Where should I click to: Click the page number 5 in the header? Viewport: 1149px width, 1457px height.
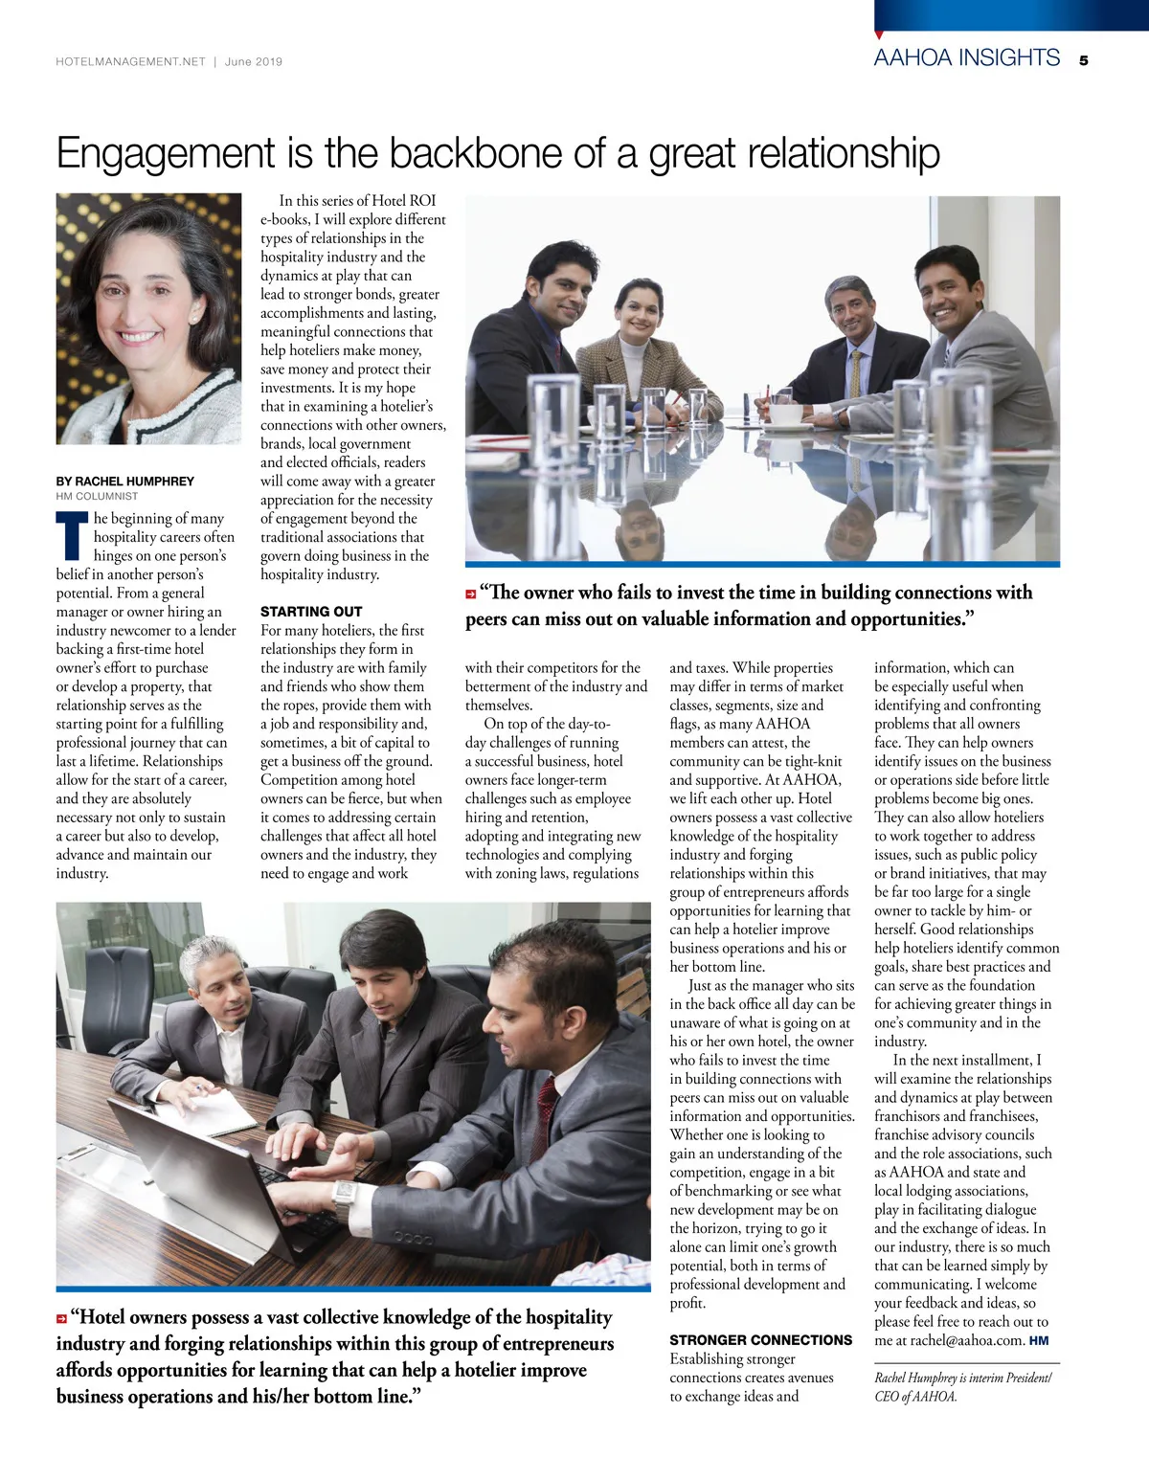[x=1083, y=60]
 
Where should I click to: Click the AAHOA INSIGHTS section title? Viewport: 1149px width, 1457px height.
[x=966, y=57]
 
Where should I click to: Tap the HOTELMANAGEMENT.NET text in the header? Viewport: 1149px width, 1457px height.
[x=130, y=61]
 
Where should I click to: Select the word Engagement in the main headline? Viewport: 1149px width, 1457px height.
[x=166, y=153]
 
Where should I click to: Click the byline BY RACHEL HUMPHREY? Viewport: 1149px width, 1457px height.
[x=124, y=482]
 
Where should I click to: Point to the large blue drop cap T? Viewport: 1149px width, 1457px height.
[x=73, y=536]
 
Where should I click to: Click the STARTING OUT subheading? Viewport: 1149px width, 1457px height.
[x=311, y=611]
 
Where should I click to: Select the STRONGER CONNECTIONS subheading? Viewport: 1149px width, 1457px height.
[x=760, y=1340]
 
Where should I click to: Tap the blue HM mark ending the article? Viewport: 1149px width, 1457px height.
[x=1039, y=1340]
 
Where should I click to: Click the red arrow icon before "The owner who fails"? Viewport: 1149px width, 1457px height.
[x=471, y=594]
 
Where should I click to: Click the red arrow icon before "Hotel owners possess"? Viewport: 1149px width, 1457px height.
[x=62, y=1319]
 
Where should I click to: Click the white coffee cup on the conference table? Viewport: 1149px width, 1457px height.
[x=787, y=415]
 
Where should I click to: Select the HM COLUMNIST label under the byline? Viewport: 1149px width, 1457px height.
[x=97, y=497]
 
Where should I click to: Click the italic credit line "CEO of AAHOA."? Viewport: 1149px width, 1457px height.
[x=915, y=1396]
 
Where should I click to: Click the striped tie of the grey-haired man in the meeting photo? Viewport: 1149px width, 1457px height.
[x=854, y=373]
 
